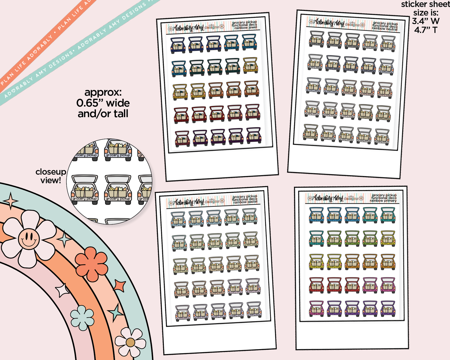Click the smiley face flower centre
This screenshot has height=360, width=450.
click(x=29, y=239)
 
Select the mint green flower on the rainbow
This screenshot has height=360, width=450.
click(x=82, y=318)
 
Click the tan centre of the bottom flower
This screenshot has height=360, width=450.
click(x=130, y=343)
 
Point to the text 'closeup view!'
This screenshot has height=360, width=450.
click(x=50, y=176)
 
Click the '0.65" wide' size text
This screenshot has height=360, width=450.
click(x=103, y=103)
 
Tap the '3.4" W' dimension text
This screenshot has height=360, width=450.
click(x=426, y=21)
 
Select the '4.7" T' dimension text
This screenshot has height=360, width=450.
click(x=426, y=30)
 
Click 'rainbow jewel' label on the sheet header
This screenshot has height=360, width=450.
click(x=246, y=28)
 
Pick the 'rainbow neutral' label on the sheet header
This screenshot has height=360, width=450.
click(x=385, y=29)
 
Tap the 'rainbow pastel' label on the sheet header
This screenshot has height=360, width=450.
click(x=245, y=202)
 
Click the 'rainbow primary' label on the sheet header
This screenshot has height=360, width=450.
click(x=383, y=201)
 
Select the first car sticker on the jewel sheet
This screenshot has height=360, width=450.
click(x=178, y=45)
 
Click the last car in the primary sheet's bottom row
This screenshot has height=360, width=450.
click(x=388, y=308)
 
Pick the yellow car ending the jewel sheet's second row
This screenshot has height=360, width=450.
click(x=250, y=65)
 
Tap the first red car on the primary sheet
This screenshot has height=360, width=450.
click(x=316, y=285)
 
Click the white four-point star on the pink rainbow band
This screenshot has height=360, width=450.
click(x=62, y=290)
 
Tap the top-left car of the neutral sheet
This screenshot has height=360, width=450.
click(x=316, y=39)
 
